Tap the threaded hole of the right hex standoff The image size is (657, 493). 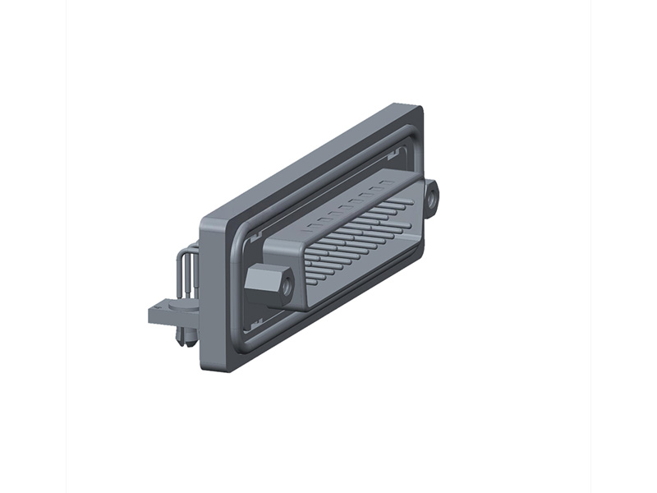tap(432, 196)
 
